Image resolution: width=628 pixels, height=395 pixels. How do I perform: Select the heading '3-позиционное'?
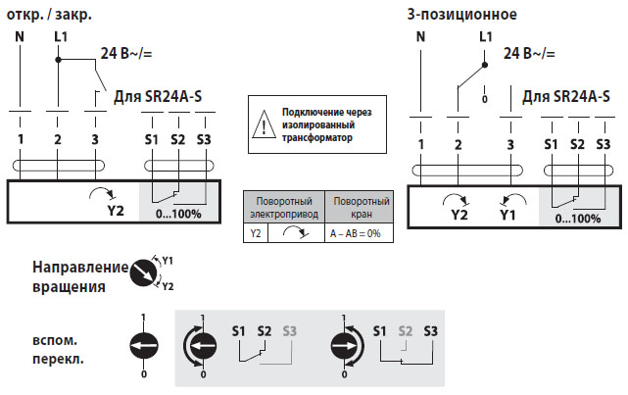461,14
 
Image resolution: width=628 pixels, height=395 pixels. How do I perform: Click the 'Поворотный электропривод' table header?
282,207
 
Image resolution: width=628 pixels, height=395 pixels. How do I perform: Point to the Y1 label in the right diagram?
506,214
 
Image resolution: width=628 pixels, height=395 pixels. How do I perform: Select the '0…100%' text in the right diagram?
578,218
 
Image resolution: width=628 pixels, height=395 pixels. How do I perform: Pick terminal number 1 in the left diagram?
20,139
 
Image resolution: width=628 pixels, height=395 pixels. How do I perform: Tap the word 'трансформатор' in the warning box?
317,138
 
